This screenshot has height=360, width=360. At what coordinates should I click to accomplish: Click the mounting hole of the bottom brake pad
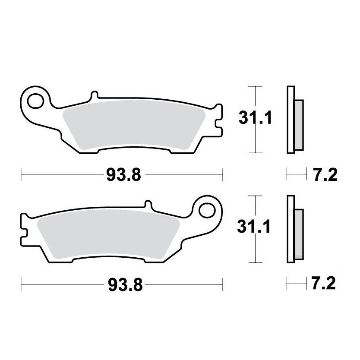pos(209,210)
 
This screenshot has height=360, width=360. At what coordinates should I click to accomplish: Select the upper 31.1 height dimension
pos(255,117)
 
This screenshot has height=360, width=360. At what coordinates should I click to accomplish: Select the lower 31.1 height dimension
pos(255,227)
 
